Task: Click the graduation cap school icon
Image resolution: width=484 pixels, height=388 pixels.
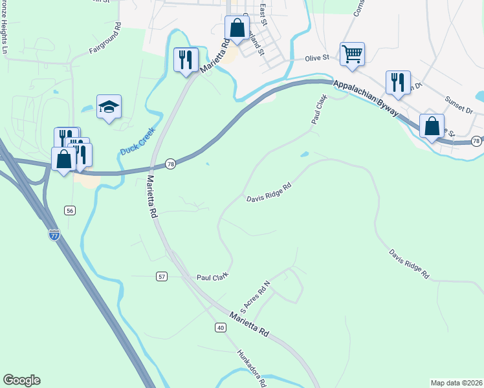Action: (109, 107)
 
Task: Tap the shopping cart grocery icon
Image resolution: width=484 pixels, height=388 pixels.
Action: (352, 55)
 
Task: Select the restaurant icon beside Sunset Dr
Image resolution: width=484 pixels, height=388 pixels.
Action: (398, 83)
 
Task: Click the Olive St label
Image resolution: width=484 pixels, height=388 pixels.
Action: (318, 58)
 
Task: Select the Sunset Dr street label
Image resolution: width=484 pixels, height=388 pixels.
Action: (459, 107)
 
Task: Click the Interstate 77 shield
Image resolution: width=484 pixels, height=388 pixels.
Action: (54, 234)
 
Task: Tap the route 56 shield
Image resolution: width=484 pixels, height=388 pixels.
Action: (69, 210)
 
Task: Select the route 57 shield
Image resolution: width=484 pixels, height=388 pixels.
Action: (162, 276)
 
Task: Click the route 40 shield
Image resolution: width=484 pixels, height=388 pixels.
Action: (221, 328)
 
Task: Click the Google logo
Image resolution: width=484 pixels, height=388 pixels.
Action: (22, 380)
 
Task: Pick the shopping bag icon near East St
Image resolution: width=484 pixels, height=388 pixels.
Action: (237, 28)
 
